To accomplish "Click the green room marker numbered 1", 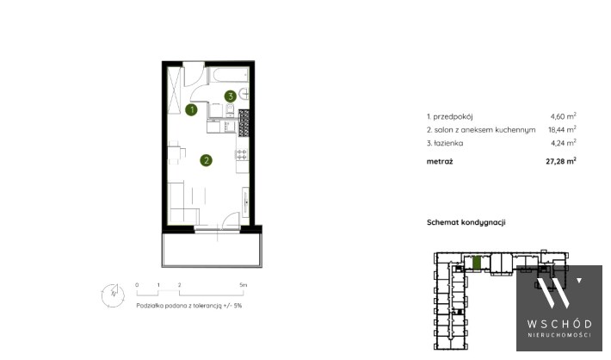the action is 191,110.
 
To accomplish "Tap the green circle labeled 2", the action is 207,160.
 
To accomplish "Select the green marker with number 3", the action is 231,96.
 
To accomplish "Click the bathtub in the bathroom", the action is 229,75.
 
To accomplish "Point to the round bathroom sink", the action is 244,94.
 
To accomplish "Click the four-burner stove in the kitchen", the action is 242,154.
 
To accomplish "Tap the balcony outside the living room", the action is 212,250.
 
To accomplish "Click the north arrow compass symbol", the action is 113,295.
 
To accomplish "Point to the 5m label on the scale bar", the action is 244,285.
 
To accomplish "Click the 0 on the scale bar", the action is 137,285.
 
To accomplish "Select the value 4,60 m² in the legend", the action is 563,116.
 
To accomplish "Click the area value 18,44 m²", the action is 562,129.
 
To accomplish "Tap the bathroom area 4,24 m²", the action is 563,143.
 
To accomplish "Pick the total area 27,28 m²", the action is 561,161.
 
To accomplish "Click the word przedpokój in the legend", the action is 453,116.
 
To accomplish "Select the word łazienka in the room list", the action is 448,143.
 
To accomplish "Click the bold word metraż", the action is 440,161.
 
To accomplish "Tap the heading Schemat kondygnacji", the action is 466,223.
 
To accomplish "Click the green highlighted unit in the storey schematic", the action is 476,263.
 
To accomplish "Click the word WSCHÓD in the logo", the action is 559,324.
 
